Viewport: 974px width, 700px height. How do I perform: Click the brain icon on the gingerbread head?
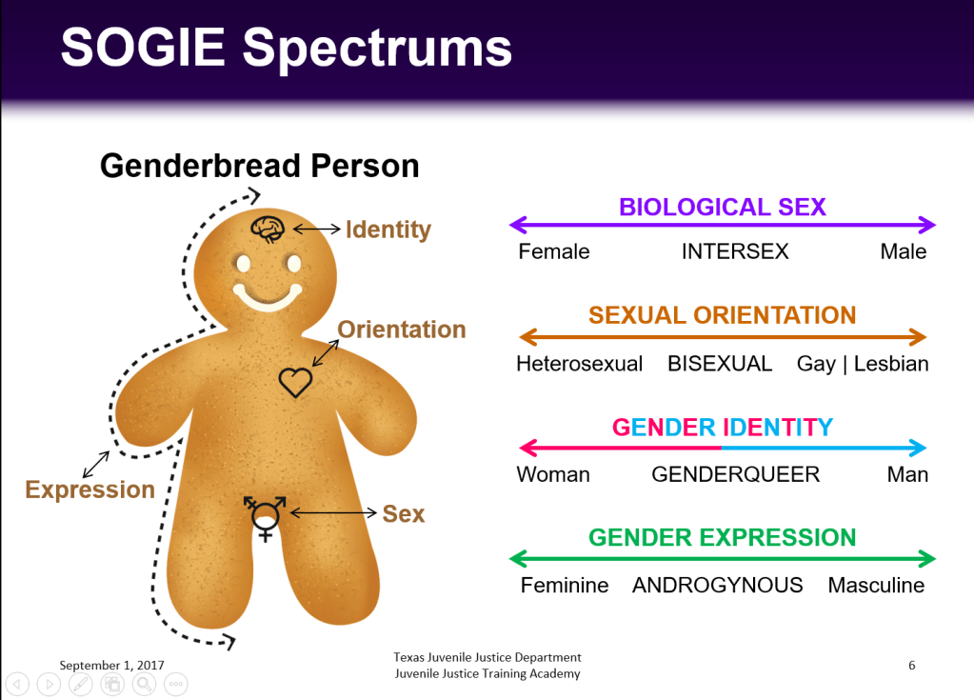tap(268, 229)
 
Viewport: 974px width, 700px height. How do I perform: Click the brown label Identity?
tap(388, 230)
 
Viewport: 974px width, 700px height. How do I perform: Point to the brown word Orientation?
tap(401, 330)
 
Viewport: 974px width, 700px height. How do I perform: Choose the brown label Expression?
tap(90, 490)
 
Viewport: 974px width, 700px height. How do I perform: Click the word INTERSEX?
tap(735, 251)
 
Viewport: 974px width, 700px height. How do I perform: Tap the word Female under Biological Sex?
tap(554, 251)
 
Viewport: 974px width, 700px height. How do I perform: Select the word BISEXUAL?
tap(720, 364)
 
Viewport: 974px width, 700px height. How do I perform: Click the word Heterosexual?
tap(580, 364)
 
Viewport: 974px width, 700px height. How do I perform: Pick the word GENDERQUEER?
tap(735, 474)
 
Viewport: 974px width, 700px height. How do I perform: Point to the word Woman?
tap(553, 474)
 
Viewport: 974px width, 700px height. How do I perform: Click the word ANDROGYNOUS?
tap(718, 585)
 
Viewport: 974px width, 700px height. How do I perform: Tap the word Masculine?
tap(876, 585)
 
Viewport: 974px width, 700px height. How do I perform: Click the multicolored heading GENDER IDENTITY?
tap(723, 428)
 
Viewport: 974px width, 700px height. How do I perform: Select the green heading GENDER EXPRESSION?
tap(723, 538)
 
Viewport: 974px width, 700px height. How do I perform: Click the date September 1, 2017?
tap(111, 665)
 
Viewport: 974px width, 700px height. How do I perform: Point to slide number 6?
tap(912, 665)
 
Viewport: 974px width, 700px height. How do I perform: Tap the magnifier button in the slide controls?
tap(144, 685)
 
